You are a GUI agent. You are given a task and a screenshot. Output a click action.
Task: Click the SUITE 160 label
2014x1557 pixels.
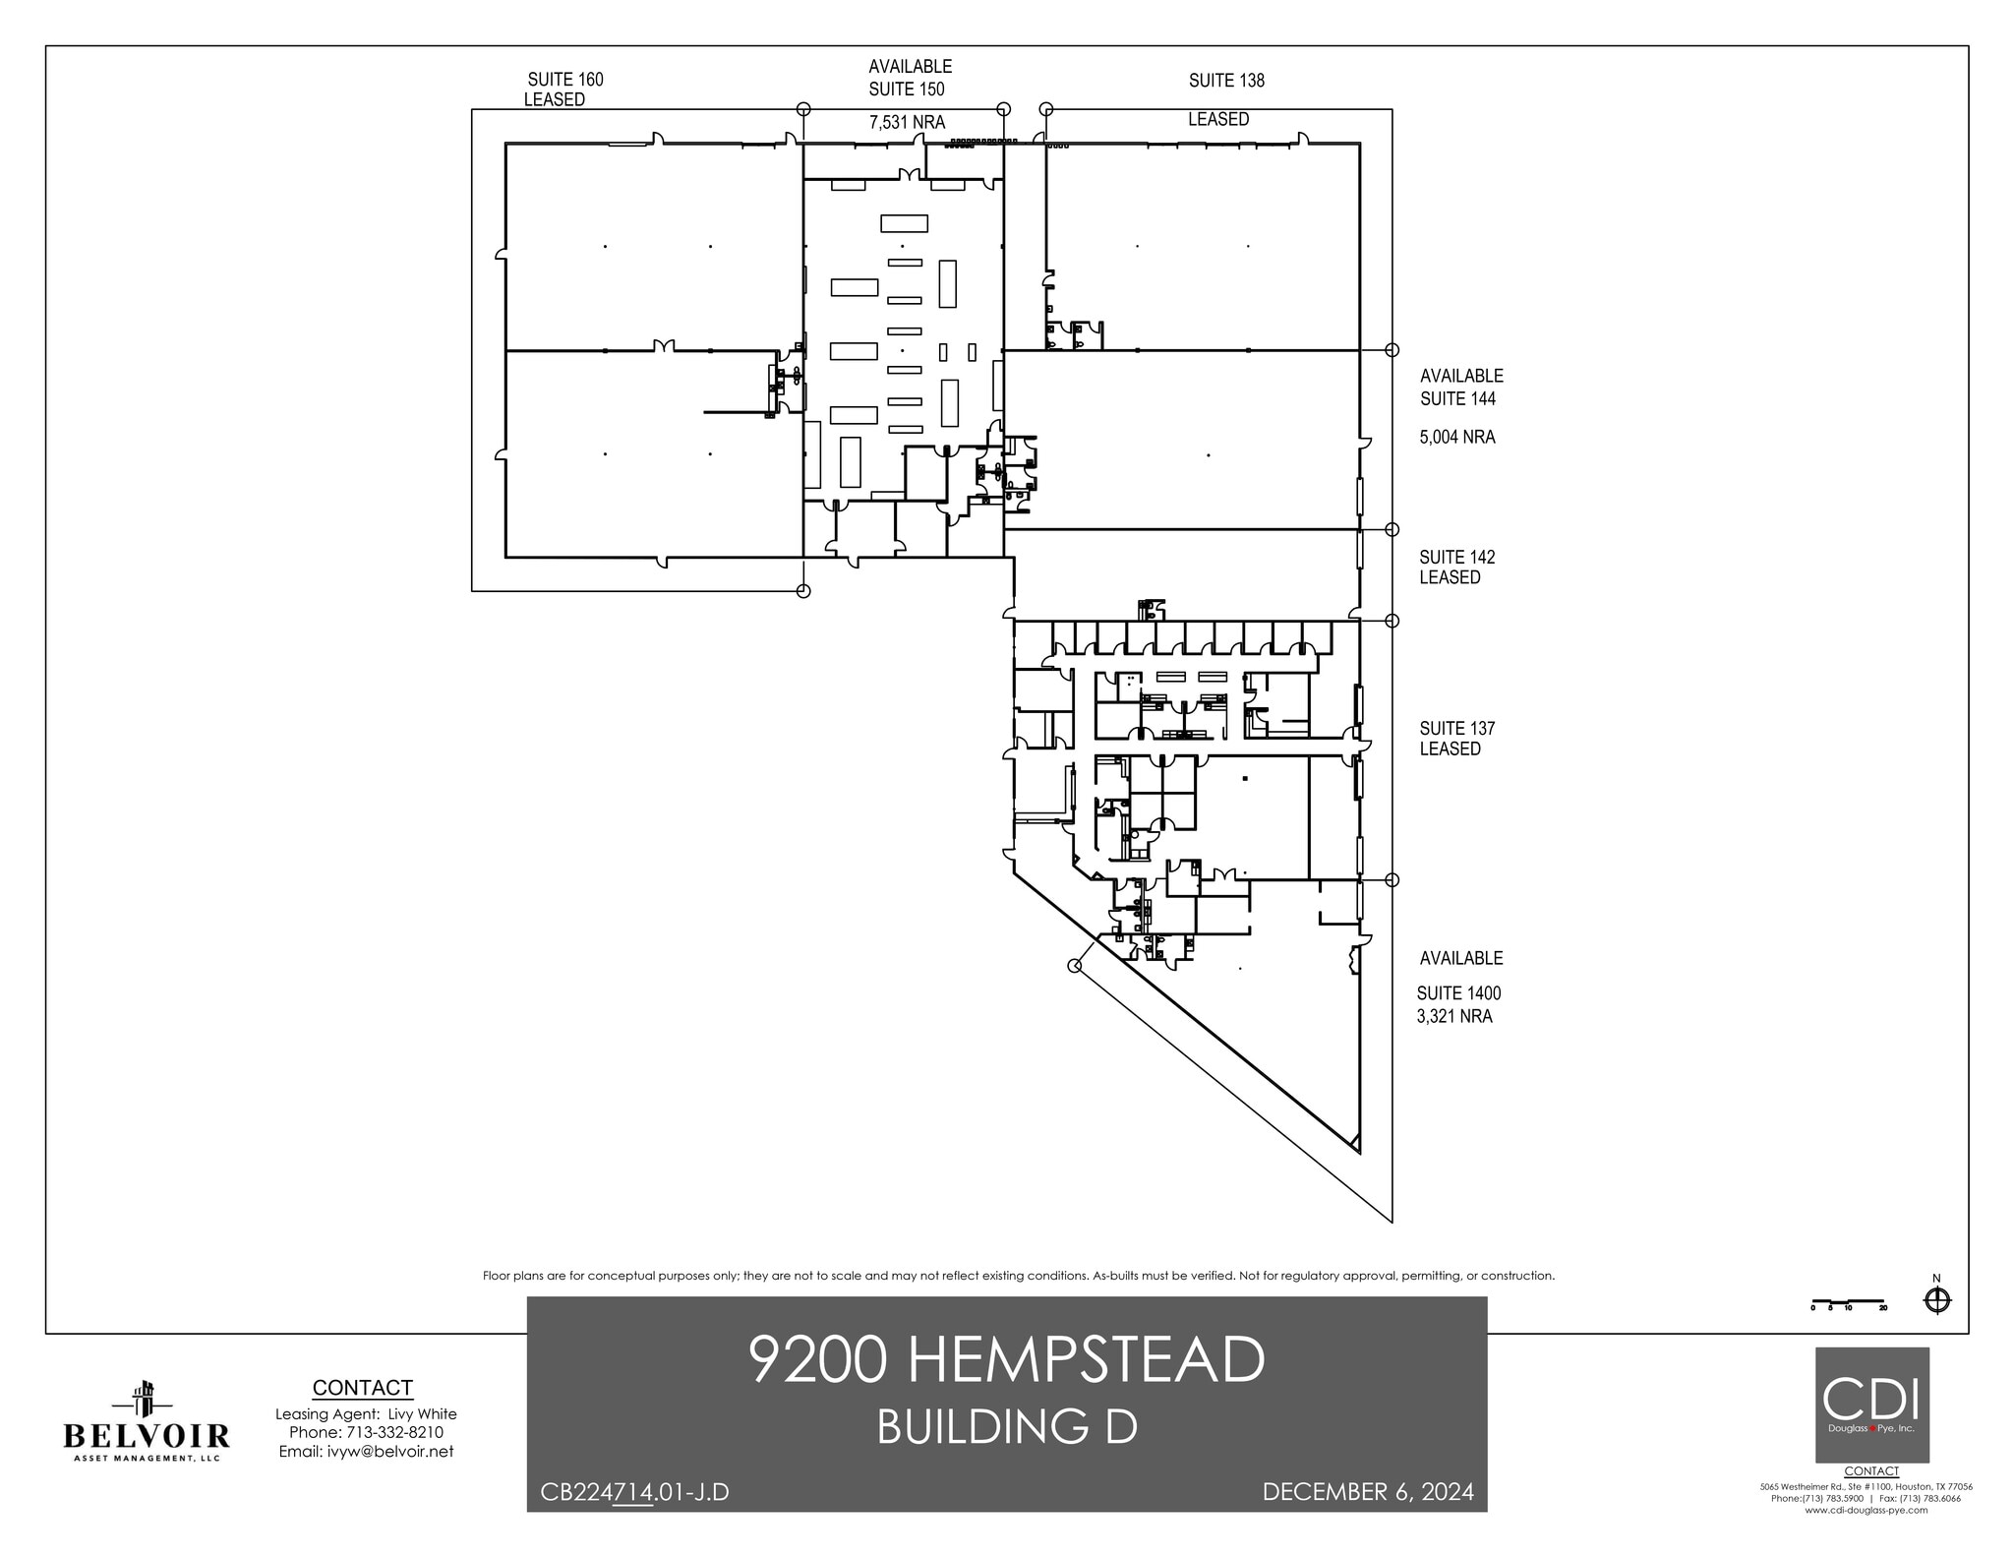tap(565, 80)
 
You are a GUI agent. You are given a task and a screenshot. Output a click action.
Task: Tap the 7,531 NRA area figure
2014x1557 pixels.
tap(907, 122)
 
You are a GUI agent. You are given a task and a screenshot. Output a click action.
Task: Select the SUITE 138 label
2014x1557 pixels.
tap(1226, 81)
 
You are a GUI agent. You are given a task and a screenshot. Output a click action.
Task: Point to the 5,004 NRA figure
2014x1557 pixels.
tap(1456, 437)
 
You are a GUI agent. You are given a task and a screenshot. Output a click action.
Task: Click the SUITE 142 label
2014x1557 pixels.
tap(1456, 557)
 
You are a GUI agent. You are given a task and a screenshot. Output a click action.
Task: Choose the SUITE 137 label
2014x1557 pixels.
tap(1456, 728)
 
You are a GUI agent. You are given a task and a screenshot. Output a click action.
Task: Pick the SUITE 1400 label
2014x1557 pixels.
tap(1458, 993)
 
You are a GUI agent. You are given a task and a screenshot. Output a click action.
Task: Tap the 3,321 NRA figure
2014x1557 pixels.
tap(1453, 1016)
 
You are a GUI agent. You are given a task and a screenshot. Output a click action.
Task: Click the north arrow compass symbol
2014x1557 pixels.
tap(1936, 1300)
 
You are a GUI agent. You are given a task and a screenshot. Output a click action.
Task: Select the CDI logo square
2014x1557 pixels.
tap(1871, 1404)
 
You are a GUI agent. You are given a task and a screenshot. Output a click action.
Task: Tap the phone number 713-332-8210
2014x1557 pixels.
tap(366, 1432)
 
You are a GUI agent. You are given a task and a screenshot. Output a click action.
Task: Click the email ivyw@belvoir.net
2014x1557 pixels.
tap(366, 1451)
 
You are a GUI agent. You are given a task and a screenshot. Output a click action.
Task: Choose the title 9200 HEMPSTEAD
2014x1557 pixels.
tap(1006, 1359)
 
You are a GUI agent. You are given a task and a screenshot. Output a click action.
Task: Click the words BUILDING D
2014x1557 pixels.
tap(1006, 1427)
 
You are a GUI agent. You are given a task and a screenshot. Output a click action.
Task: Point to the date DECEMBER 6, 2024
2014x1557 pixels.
tap(1367, 1492)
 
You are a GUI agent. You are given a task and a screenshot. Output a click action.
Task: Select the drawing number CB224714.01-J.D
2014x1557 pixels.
tap(634, 1492)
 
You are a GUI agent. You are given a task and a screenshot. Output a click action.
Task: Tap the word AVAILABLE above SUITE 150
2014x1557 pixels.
tap(910, 67)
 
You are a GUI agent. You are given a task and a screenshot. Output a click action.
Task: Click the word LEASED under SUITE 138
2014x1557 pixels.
tap(1218, 119)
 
